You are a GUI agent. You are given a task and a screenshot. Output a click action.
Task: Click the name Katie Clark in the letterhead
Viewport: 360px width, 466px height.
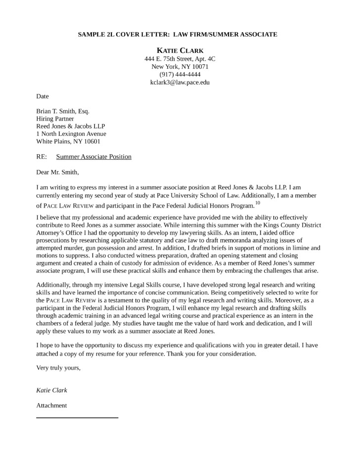tap(180, 50)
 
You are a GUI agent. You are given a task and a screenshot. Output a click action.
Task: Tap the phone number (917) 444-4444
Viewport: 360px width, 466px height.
tap(180, 74)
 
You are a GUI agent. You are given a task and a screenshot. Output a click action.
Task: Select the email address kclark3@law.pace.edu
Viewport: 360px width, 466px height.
tap(180, 82)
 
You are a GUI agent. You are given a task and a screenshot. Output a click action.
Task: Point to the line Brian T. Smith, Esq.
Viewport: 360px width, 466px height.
tap(63, 111)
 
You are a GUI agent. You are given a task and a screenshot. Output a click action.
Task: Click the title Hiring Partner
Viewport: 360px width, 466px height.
tap(55, 119)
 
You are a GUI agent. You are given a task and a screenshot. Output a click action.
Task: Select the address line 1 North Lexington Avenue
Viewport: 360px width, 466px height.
tap(71, 133)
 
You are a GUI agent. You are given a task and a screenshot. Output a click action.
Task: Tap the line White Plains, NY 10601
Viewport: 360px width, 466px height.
tap(68, 141)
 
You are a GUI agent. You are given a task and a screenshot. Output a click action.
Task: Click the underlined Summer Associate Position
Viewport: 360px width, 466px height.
tap(94, 157)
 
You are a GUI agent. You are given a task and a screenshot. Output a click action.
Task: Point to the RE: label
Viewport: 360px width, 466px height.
tap(42, 157)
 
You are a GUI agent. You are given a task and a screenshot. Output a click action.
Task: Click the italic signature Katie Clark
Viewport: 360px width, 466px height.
tap(52, 390)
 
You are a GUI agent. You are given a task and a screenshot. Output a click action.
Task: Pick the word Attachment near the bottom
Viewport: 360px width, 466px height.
tap(52, 405)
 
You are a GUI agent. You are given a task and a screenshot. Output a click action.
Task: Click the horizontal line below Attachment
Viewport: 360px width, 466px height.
tap(77, 418)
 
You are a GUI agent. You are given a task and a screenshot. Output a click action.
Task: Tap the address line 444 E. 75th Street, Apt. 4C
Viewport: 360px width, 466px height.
tap(180, 59)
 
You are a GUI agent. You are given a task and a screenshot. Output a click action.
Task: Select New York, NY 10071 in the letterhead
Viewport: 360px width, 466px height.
tap(180, 67)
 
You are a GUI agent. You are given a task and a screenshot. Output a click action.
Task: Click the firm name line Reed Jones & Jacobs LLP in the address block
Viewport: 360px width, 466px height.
tap(71, 126)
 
